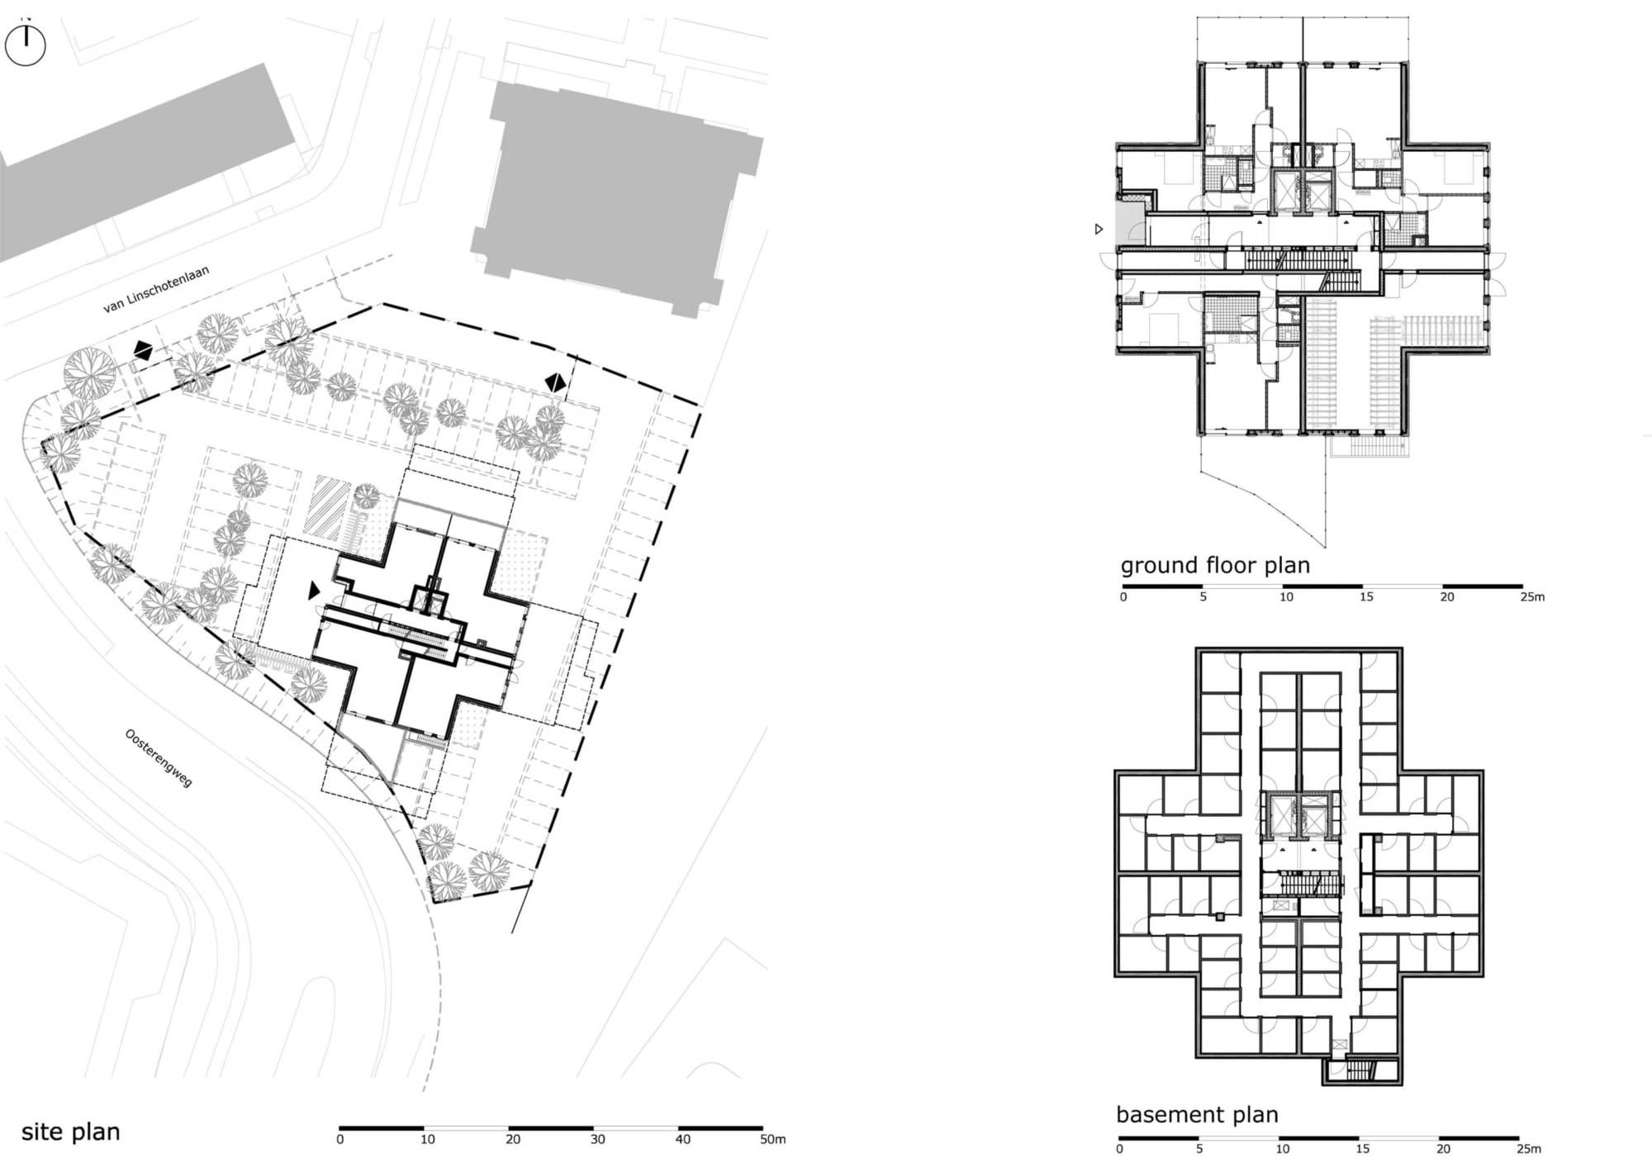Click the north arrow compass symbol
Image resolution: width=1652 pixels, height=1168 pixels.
[x=26, y=45]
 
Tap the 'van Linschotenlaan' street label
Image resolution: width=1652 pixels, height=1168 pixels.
[x=156, y=289]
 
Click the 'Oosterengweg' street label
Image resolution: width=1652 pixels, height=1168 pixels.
[x=159, y=757]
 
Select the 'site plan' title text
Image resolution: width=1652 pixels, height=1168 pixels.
[x=71, y=1132]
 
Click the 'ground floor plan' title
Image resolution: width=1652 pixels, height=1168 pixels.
[x=1215, y=566]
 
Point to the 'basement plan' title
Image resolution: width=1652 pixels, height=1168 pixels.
[x=1197, y=1115]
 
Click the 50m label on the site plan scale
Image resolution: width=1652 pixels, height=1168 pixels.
[x=773, y=1139]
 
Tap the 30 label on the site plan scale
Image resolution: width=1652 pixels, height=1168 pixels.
[x=597, y=1139]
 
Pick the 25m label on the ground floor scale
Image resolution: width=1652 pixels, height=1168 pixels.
[x=1532, y=596]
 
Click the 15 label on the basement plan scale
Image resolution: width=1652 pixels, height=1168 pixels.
[x=1362, y=1148]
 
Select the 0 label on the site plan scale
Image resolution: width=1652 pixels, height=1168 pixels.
[x=339, y=1139]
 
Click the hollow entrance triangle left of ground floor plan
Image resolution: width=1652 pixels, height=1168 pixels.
[x=1099, y=229]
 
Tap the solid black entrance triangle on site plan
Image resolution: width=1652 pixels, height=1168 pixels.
[x=314, y=591]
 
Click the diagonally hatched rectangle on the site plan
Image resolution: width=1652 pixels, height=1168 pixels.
[x=327, y=505]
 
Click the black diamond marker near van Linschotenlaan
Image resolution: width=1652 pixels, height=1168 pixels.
[x=143, y=351]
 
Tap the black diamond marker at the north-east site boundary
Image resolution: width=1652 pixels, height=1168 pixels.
[x=555, y=382]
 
